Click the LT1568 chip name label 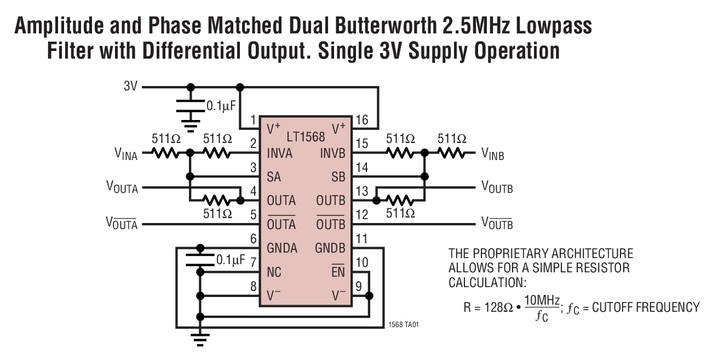pyautogui.click(x=306, y=137)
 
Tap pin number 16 pyautogui.click(x=361, y=120)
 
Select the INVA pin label pyautogui.click(x=280, y=153)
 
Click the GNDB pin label pyautogui.click(x=330, y=248)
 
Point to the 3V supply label pyautogui.click(x=130, y=87)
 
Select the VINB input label pyautogui.click(x=492, y=155)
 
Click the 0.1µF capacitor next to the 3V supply pyautogui.click(x=191, y=106)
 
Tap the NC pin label pyautogui.click(x=274, y=272)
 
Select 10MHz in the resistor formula pyautogui.click(x=542, y=300)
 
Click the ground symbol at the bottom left pyautogui.click(x=200, y=339)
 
